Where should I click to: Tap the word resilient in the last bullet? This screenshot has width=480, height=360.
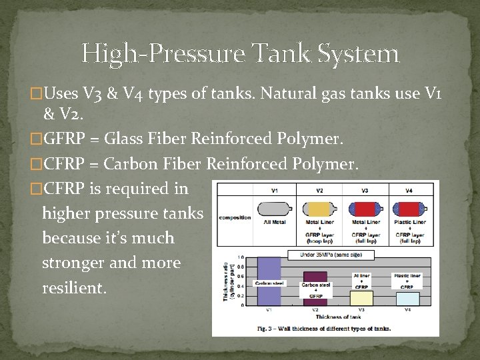tap(73, 287)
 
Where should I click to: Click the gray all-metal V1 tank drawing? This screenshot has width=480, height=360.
tap(274, 206)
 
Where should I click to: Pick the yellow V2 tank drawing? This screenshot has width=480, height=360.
tap(319, 206)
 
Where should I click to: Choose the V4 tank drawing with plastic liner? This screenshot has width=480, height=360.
tap(409, 206)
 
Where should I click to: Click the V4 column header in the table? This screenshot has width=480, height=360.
tap(409, 191)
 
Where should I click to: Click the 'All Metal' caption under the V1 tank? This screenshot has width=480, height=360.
tap(274, 221)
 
